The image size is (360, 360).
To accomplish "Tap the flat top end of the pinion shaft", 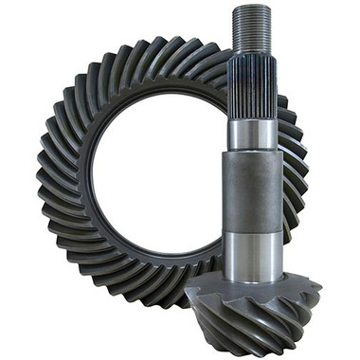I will [252, 9].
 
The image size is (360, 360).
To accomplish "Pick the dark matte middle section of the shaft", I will [252, 189].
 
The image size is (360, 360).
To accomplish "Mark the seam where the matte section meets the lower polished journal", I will [252, 230].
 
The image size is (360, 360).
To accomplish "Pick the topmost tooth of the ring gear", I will [171, 43].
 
